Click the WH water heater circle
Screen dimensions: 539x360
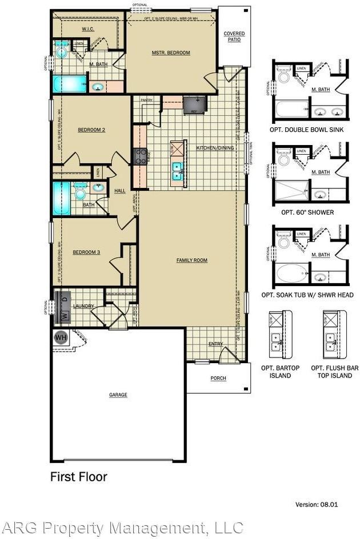(x=61, y=337)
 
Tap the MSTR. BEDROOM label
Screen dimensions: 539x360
(x=171, y=53)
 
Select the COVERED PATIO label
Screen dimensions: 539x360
(x=234, y=37)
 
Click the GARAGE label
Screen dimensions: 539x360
(x=118, y=395)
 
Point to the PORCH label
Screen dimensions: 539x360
(x=218, y=378)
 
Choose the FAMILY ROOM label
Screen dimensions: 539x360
(x=191, y=260)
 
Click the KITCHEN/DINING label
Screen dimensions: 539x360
(x=215, y=148)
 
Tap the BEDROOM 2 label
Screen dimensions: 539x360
(x=91, y=130)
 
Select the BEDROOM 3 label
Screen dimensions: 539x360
(x=86, y=252)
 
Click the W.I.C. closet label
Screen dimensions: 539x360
(x=88, y=29)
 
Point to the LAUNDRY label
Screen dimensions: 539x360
(x=83, y=307)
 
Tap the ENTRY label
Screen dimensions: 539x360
(x=216, y=344)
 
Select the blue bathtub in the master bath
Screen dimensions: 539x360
(x=70, y=85)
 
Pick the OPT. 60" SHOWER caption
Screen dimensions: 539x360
(x=307, y=212)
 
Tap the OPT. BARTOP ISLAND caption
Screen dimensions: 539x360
(x=280, y=372)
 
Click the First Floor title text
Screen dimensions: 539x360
(x=78, y=476)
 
